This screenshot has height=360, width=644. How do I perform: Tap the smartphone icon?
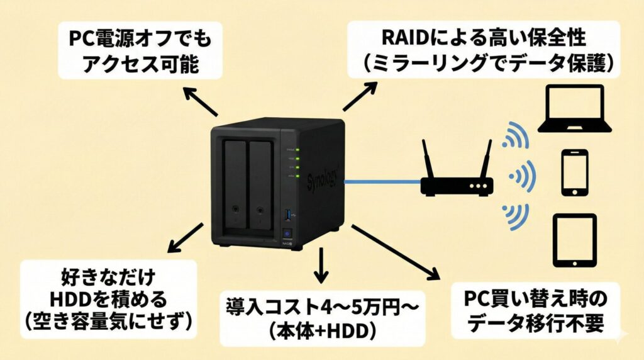pos(574,172)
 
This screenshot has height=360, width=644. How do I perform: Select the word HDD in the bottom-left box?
pos(70,298)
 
